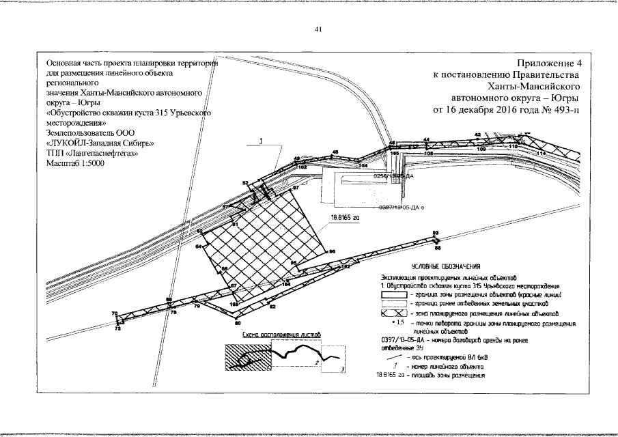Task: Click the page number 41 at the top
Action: [318, 29]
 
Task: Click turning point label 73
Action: [118, 328]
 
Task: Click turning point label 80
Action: [238, 322]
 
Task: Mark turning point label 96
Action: [332, 252]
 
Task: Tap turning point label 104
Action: [363, 165]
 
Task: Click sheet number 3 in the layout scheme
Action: [342, 369]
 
